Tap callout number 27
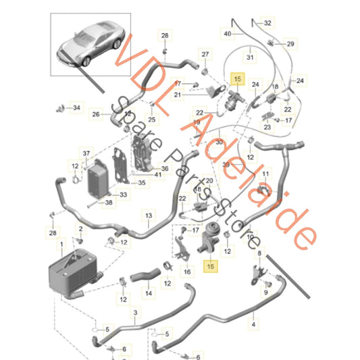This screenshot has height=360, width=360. (205, 54)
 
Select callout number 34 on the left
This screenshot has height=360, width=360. (76, 107)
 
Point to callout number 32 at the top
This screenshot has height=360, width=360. (267, 22)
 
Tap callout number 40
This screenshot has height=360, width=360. (227, 33)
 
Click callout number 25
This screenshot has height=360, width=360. (151, 120)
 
